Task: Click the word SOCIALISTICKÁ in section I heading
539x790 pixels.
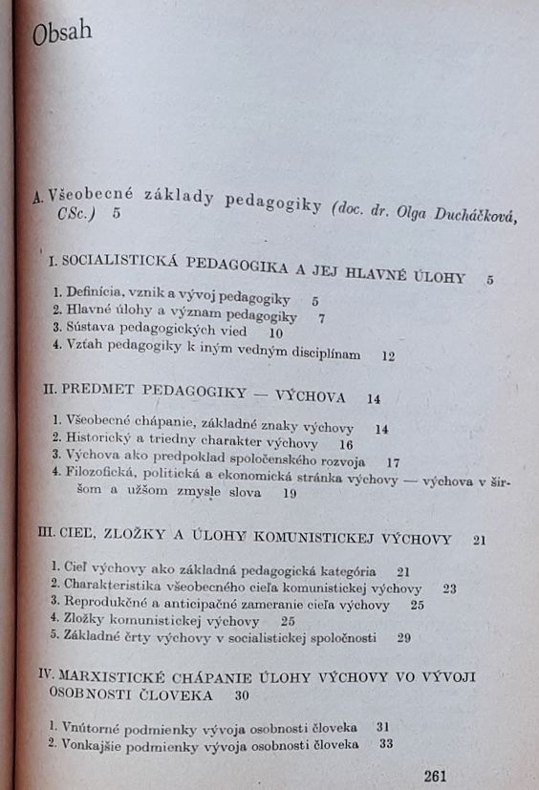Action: click(x=124, y=262)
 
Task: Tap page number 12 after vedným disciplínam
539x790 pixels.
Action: click(x=387, y=354)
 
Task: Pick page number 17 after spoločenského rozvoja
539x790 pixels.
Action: click(x=394, y=462)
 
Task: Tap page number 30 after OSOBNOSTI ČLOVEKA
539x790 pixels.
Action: click(x=241, y=695)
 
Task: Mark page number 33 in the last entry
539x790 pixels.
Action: click(x=386, y=744)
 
